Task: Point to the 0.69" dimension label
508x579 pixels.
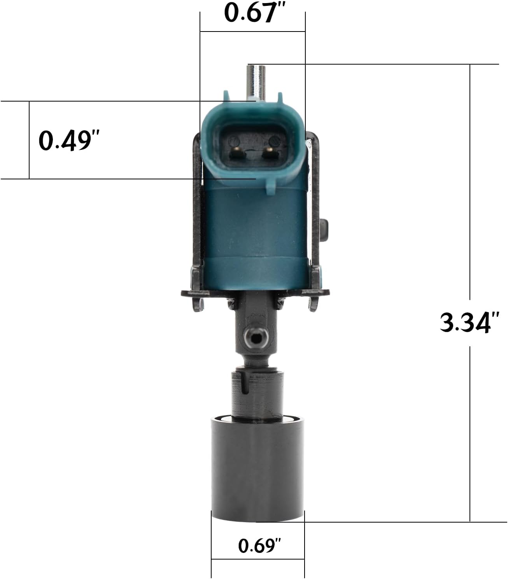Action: (x=259, y=545)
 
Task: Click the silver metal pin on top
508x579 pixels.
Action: (x=256, y=80)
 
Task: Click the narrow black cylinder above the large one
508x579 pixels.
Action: (x=257, y=393)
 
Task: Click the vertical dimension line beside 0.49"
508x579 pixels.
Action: (x=29, y=140)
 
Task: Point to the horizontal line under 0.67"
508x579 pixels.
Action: (x=252, y=32)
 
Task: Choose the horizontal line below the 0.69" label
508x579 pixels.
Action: (x=258, y=560)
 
